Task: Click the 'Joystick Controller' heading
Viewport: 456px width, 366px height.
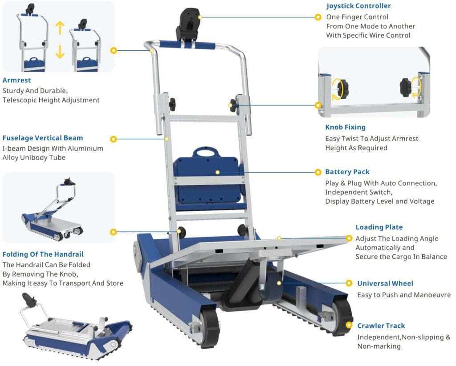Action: [358, 6]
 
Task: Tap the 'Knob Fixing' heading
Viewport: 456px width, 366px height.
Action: [345, 127]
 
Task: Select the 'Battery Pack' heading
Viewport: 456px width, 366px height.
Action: [347, 172]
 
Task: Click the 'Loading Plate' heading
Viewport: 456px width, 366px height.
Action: [379, 227]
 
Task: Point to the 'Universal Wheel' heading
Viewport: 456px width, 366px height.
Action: [385, 283]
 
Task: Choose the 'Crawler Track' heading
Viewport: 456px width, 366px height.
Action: [381, 326]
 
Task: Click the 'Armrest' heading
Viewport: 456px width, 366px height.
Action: [16, 80]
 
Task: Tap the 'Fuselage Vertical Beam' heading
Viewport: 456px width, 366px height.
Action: [43, 138]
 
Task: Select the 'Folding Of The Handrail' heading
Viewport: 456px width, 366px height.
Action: [43, 254]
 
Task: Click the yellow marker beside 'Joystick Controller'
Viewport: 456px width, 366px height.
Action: [318, 17]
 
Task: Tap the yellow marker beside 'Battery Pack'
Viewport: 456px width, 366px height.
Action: [318, 172]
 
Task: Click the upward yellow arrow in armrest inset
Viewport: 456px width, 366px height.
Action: [60, 28]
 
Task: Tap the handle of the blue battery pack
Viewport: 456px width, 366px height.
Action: [206, 152]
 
